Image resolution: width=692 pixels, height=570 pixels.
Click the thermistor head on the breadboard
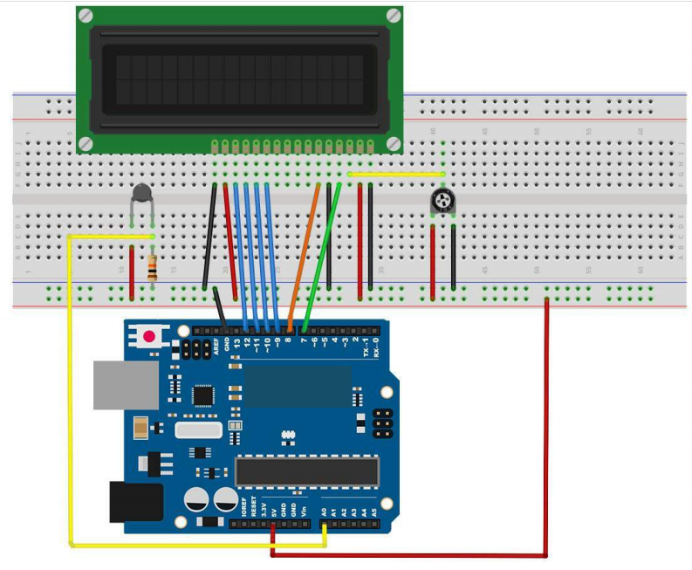pos(142,195)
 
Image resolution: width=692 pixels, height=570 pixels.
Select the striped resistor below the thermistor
pos(153,266)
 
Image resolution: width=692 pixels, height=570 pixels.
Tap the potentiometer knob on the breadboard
pos(443,203)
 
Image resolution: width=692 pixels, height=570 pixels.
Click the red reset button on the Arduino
pos(149,335)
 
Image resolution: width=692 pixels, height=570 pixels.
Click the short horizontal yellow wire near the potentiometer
pos(397,174)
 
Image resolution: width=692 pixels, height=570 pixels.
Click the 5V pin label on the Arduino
pos(274,511)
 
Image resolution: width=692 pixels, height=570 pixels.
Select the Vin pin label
pos(304,511)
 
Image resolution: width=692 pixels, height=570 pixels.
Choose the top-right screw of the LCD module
pos(393,15)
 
